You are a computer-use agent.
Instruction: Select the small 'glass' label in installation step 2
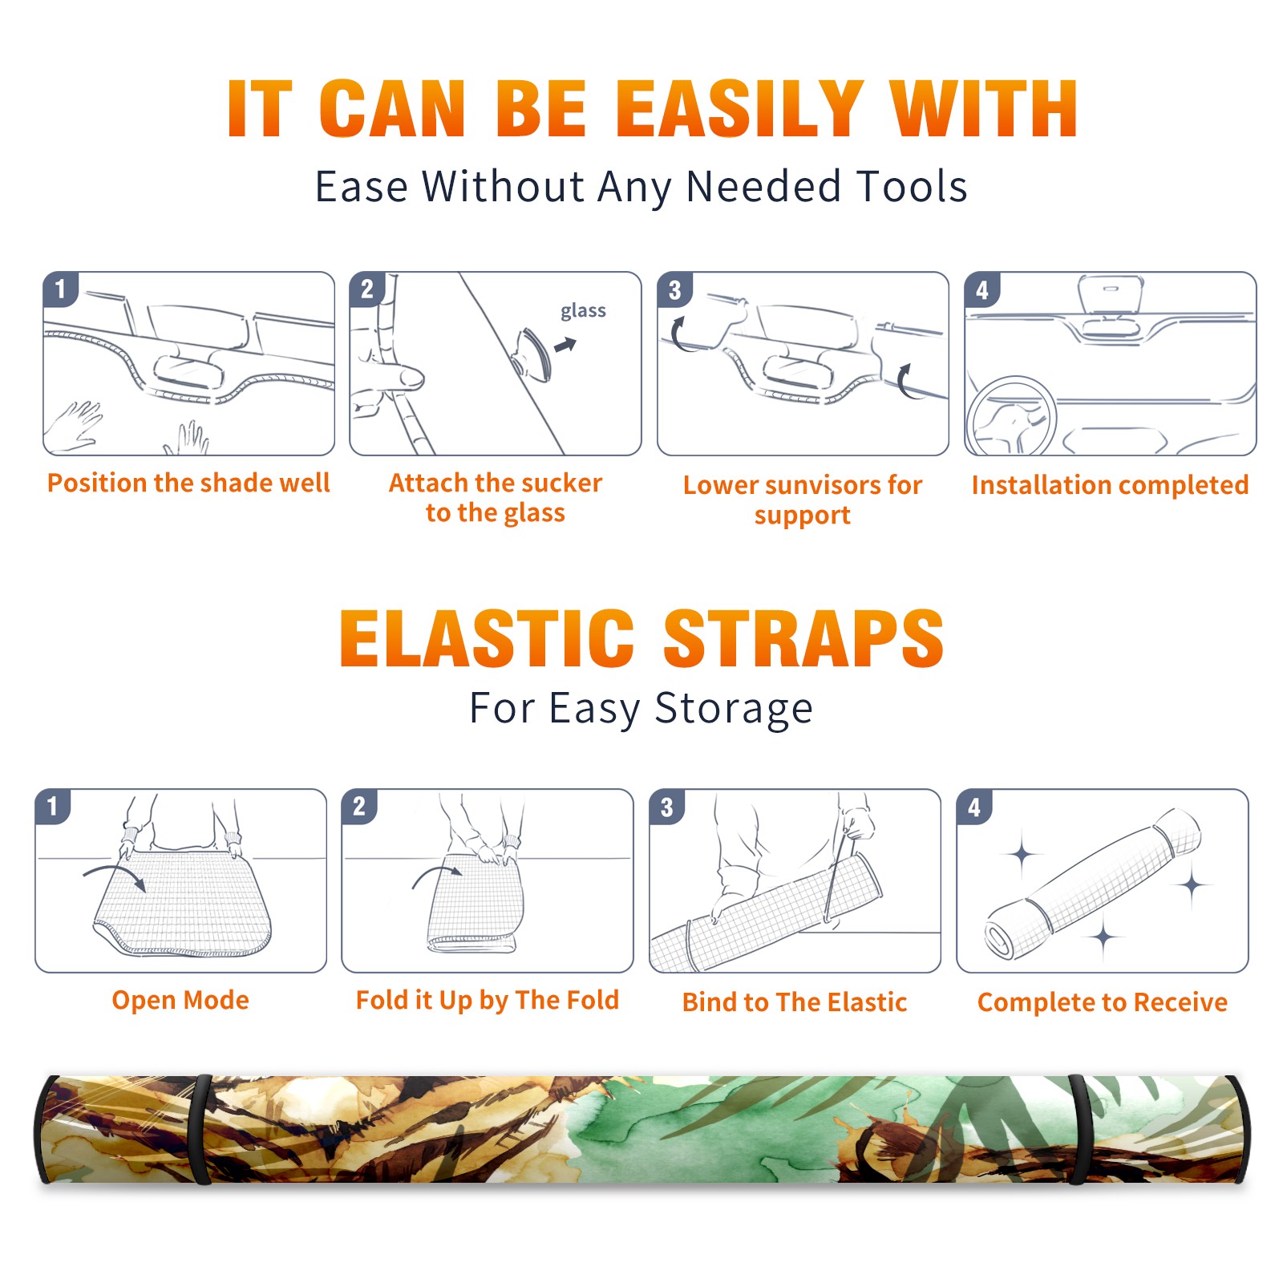pyautogui.click(x=583, y=310)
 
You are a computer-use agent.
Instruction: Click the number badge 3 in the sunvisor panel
pyautogui.click(x=674, y=289)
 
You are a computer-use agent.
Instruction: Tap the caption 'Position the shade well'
pyautogui.click(x=188, y=483)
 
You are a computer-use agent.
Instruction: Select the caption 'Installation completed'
pyautogui.click(x=1110, y=485)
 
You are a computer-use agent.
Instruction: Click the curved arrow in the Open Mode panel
pyautogui.click(x=114, y=876)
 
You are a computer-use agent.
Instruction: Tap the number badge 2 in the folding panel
pyautogui.click(x=359, y=806)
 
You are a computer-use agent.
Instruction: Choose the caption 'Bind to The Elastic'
pyautogui.click(x=794, y=1002)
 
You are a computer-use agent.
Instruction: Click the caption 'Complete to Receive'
pyautogui.click(x=1102, y=1002)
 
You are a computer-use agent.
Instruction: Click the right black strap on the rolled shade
pyautogui.click(x=1079, y=1130)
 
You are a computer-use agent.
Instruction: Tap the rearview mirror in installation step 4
pyautogui.click(x=1110, y=294)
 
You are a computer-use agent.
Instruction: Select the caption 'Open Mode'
pyautogui.click(x=180, y=1000)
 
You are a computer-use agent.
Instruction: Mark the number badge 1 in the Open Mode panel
pyautogui.click(x=52, y=806)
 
